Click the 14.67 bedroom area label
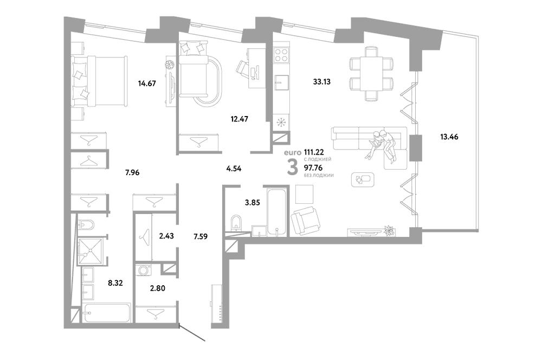[x=147, y=83]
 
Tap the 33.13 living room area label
[x=322, y=82]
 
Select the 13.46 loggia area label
[x=449, y=137]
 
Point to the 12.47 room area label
[x=240, y=119]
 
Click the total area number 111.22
[x=314, y=152]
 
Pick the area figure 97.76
[x=313, y=169]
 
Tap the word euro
[x=291, y=152]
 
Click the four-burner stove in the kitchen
[x=281, y=54]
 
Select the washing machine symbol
[x=144, y=270]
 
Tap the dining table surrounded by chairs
[x=372, y=74]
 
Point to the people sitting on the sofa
[x=382, y=145]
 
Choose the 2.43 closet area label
[x=166, y=236]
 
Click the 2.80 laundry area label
[x=157, y=288]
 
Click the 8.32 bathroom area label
[x=115, y=283]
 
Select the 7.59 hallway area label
[x=201, y=237]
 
